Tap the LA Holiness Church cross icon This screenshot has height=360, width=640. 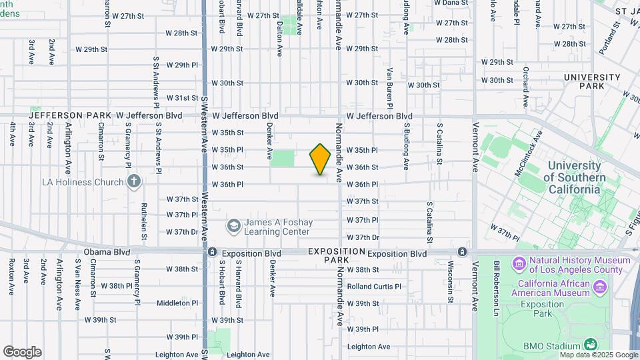click(x=134, y=181)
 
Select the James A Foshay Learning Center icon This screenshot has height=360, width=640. click(x=233, y=226)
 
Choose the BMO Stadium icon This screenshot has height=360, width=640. click(x=590, y=345)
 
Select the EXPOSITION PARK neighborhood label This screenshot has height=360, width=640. click(x=337, y=256)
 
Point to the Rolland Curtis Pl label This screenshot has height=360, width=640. click(x=374, y=287)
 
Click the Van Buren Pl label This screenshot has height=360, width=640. click(x=390, y=88)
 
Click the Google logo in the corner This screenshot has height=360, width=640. click(x=22, y=351)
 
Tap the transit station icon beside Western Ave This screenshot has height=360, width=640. click(x=212, y=252)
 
